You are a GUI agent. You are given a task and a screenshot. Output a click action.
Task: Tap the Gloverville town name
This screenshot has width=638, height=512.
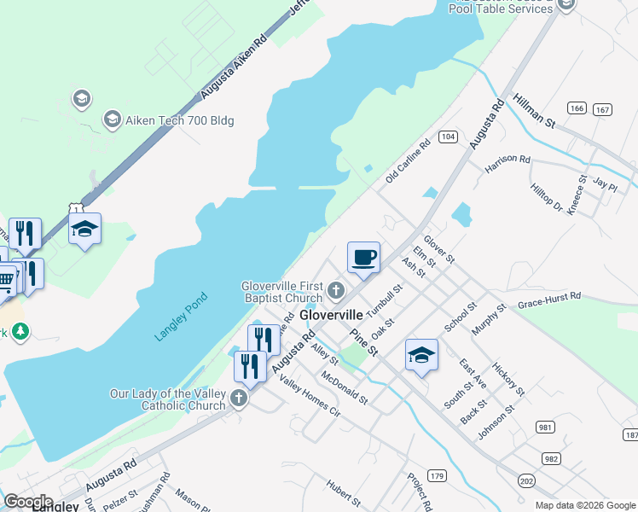click(x=332, y=315)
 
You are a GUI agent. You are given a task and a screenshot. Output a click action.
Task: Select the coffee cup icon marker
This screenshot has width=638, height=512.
click(x=363, y=257)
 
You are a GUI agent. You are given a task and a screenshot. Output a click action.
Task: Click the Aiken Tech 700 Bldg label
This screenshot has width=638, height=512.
click(x=180, y=120)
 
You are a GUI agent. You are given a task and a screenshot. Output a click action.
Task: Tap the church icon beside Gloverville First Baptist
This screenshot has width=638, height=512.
click(x=336, y=293)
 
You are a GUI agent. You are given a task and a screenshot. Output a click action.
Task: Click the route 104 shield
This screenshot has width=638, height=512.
click(x=448, y=137)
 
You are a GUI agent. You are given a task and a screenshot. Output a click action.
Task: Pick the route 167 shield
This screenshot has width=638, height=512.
click(x=603, y=109)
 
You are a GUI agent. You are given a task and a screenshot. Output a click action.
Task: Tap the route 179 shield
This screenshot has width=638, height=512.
click(x=438, y=474)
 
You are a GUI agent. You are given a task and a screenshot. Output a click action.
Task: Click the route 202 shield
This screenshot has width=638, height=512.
click(x=526, y=481)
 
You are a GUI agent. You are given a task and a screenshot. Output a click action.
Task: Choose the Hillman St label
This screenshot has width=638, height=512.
click(x=535, y=112)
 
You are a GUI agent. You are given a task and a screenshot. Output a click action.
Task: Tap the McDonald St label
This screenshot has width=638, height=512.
click(x=345, y=387)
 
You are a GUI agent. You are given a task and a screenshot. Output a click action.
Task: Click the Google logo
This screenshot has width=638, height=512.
click(x=28, y=501)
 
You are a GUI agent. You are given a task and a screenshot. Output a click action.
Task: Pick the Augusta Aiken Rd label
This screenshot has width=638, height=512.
click(x=235, y=67)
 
